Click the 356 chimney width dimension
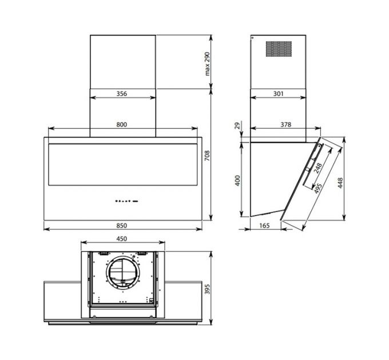point(122,94)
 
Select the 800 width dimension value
point(122,124)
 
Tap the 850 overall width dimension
point(122,223)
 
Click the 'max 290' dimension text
point(208,64)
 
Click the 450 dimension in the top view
point(121,239)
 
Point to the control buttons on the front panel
point(126,201)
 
